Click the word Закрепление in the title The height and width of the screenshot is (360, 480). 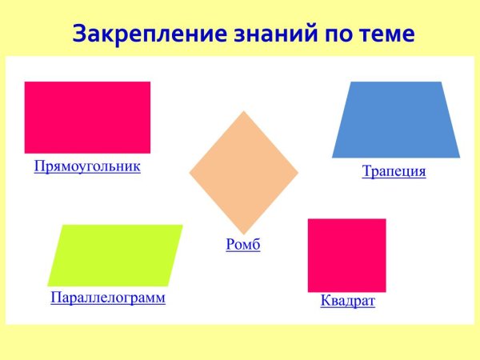pos(142,34)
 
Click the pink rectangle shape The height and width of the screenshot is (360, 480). pos(87,117)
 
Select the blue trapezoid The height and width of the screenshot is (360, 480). pos(395,120)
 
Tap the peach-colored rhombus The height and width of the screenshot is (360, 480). pos(243,173)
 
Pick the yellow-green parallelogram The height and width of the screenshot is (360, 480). pos(115,255)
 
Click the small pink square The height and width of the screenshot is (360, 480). pos(346,255)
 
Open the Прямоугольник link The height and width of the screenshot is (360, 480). pos(87,166)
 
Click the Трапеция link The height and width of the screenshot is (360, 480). pos(394,171)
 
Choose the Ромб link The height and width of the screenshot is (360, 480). pos(243,245)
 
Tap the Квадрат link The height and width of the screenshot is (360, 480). pos(347,301)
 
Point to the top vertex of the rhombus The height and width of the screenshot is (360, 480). pos(243,111)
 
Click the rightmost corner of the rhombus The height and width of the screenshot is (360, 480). pos(298,173)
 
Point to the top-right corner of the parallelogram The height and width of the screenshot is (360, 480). pos(182,225)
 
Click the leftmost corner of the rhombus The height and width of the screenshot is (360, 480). pos(189,173)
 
